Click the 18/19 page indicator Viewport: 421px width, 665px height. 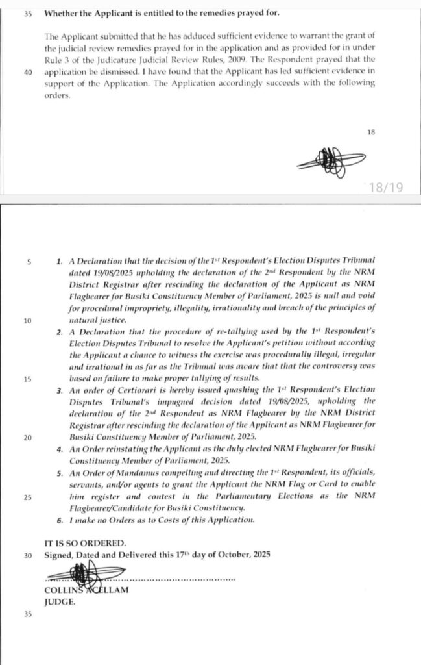pos(385,188)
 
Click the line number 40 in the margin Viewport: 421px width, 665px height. pos(28,73)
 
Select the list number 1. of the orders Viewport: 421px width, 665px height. pos(59,262)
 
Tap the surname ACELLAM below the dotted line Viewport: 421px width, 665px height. pos(104,590)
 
